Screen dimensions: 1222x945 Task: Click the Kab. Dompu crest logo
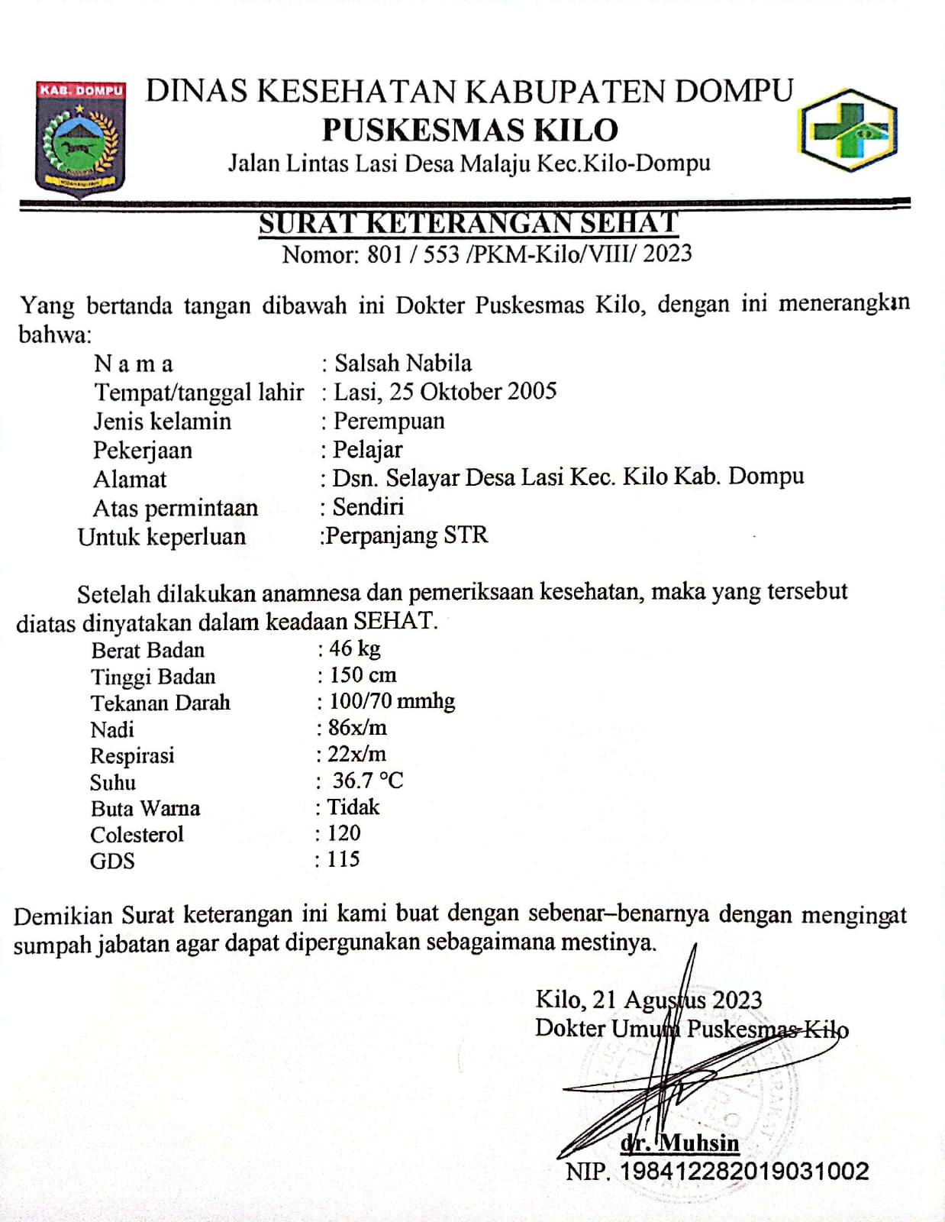point(80,137)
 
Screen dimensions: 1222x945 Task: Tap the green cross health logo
point(847,130)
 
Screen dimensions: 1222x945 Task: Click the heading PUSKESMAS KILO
point(469,130)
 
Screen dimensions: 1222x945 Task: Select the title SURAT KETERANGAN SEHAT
point(468,223)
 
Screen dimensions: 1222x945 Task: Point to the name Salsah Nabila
point(403,363)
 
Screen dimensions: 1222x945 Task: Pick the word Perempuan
point(389,421)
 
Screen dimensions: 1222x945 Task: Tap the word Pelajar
point(368,450)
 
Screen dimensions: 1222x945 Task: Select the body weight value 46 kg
point(355,648)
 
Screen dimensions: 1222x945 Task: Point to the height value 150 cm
point(363,675)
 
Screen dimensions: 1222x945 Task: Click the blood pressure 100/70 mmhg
point(392,701)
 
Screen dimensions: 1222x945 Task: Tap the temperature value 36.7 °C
point(368,781)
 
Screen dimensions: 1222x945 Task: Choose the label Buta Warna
point(145,808)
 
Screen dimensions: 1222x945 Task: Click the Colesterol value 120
point(343,832)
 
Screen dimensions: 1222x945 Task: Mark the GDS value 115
point(343,859)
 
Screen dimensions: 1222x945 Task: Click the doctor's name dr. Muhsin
point(680,1143)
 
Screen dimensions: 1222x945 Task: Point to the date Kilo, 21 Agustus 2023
point(649,1000)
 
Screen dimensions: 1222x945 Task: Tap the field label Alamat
point(130,480)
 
